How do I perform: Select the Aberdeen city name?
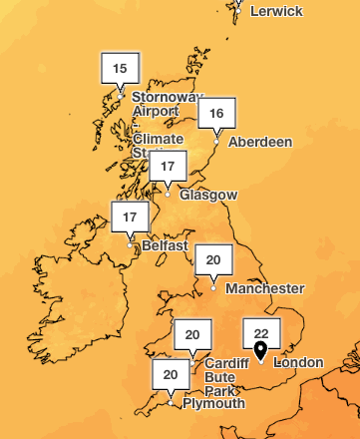(x=260, y=143)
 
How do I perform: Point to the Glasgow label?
(x=208, y=195)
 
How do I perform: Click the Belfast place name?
(x=164, y=245)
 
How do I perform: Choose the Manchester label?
(x=264, y=289)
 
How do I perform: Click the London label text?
(x=298, y=362)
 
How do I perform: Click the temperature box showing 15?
(x=121, y=69)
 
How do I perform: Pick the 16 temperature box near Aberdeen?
(x=215, y=114)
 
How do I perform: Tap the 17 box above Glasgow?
(x=168, y=166)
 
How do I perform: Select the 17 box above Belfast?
(x=130, y=217)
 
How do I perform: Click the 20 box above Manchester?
(x=212, y=260)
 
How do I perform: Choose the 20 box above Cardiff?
(x=192, y=334)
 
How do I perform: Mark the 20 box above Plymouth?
(x=171, y=375)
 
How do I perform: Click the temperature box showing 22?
(x=261, y=333)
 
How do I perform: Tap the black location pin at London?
(x=260, y=350)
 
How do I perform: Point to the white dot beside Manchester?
(x=213, y=289)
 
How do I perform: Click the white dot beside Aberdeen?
(x=216, y=143)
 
